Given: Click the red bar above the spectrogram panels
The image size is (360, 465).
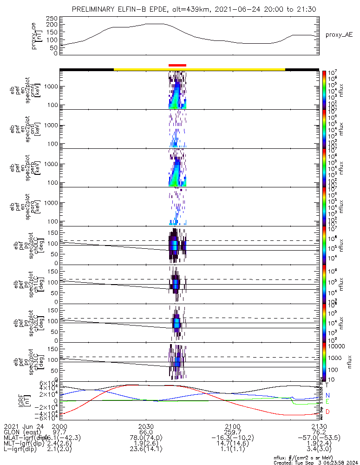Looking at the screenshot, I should (177, 66).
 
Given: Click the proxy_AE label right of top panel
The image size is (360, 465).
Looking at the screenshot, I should (339, 35).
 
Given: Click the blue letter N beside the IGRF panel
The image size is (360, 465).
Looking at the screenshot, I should (327, 395).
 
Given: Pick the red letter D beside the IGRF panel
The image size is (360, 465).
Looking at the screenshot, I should (327, 412).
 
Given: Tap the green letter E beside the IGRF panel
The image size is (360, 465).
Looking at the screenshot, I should (327, 401).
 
